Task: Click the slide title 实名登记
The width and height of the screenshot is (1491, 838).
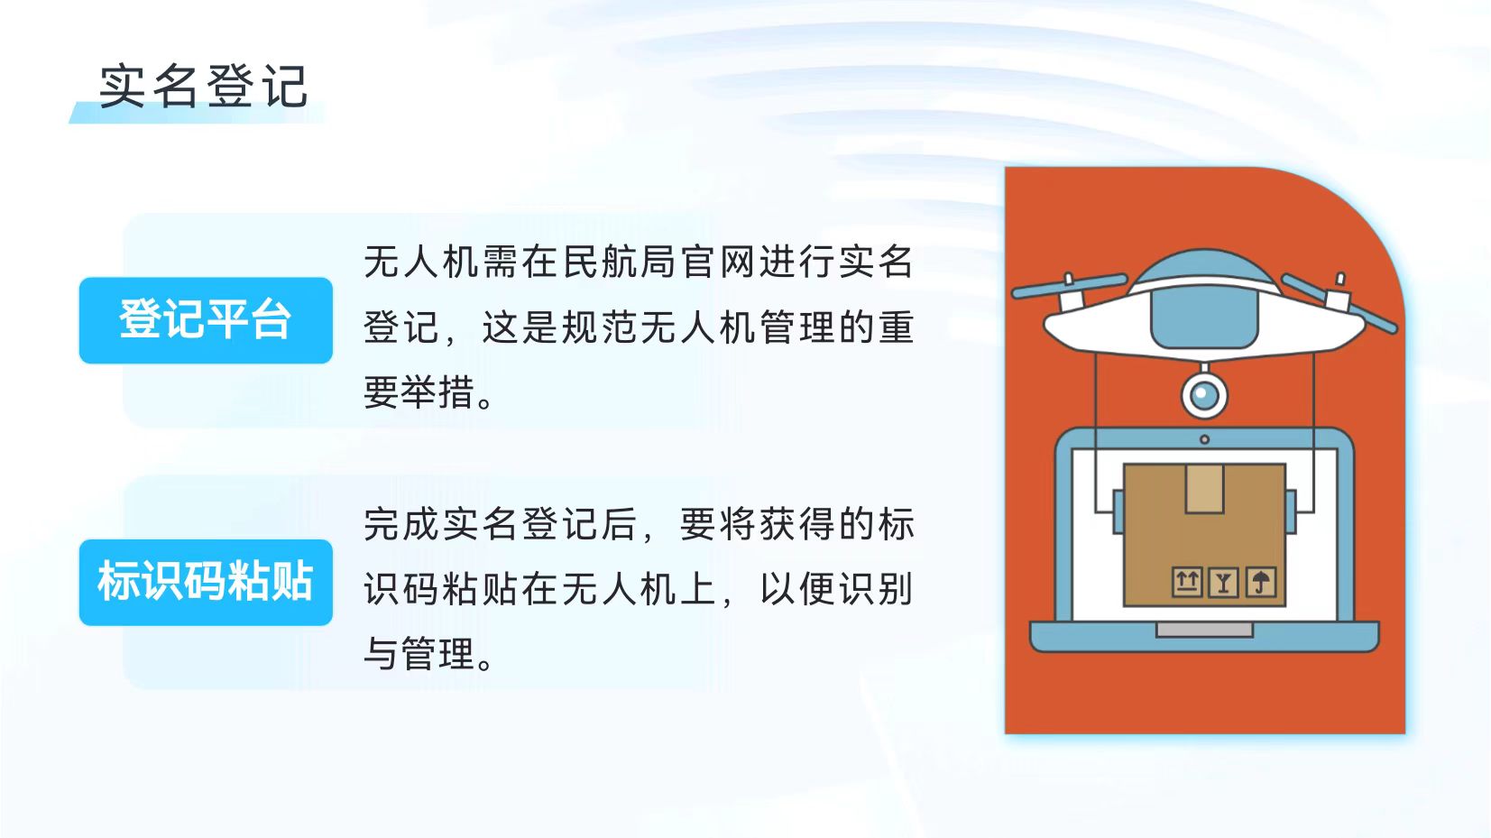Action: tap(204, 87)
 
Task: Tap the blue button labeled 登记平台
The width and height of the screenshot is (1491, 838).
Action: tap(206, 320)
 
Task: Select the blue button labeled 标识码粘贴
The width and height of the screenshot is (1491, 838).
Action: tap(206, 582)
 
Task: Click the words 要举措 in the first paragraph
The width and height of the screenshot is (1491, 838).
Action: tap(419, 392)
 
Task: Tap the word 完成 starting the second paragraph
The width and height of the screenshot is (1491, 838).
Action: tap(401, 524)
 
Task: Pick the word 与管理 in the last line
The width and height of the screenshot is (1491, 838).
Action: tap(419, 654)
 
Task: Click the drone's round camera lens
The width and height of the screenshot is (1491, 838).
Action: tap(1204, 396)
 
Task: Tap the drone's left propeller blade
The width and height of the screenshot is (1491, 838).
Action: tap(1069, 285)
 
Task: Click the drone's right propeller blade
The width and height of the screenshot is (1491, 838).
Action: tap(1339, 303)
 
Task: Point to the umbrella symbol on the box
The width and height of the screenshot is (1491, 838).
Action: tap(1261, 583)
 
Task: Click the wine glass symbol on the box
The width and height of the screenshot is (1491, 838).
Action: tap(1223, 583)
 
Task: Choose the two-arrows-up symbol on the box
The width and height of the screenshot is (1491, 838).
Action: tap(1186, 583)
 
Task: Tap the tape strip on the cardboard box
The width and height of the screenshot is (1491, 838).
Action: tap(1204, 489)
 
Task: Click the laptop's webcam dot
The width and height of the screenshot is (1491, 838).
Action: tap(1204, 439)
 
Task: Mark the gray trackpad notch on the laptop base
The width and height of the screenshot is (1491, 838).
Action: tap(1204, 630)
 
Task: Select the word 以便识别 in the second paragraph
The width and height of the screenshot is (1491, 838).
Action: tap(837, 589)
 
